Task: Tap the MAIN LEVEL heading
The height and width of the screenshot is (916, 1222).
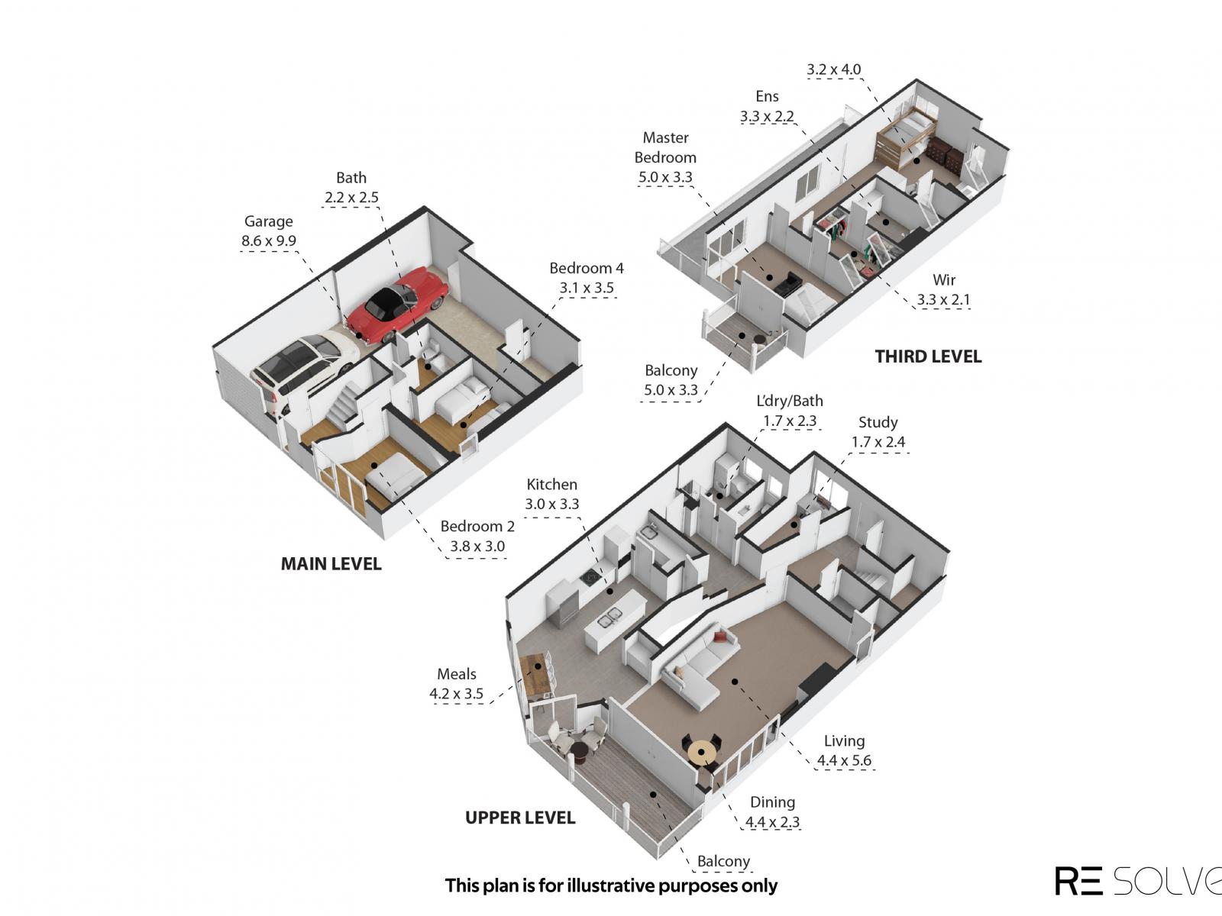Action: pos(331,564)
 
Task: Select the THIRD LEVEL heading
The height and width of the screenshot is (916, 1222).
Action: pos(928,356)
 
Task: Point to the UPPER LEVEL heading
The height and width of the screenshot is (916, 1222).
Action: pos(520,818)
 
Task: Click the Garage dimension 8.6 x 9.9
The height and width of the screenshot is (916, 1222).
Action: pos(268,240)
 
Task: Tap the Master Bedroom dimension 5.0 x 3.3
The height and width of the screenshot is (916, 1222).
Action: pos(665,177)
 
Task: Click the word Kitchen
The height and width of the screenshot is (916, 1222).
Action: pos(551,485)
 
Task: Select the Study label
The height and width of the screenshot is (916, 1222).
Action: pos(878,423)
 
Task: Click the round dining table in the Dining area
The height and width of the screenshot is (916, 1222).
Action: pos(701,753)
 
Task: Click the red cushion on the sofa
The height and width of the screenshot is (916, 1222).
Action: pos(719,637)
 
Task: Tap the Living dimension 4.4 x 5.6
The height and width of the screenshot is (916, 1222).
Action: pos(844,760)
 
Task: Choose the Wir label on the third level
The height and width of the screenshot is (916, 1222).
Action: pos(944,279)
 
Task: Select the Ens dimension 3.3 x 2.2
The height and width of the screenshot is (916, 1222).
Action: pos(767,116)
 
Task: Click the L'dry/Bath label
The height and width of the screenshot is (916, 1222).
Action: pos(790,401)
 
